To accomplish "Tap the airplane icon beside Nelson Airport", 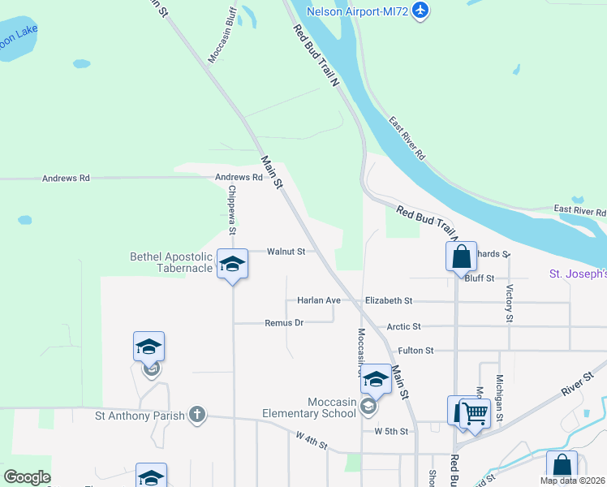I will [420, 10].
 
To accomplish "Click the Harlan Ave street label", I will [319, 300].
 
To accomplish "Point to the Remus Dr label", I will [284, 322].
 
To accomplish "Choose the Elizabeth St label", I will [389, 300].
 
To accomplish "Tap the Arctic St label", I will [403, 326].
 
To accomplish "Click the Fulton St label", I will [415, 351].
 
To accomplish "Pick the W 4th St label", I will [311, 445].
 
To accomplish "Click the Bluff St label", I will [479, 278].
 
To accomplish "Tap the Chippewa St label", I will [232, 210].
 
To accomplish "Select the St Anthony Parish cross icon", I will [196, 415].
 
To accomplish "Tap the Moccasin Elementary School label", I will [309, 407].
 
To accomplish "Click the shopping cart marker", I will [475, 413].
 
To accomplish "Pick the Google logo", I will [27, 477].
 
